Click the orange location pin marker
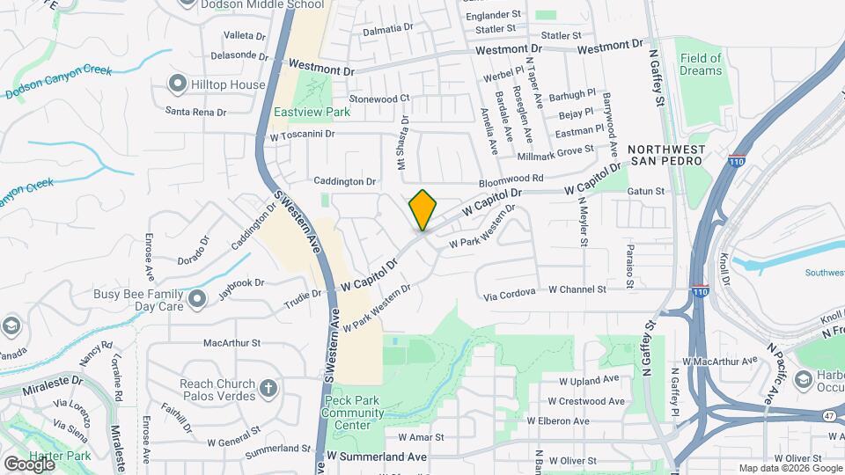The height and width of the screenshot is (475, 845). pyautogui.click(x=423, y=210)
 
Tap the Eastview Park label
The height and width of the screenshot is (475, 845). pyautogui.click(x=312, y=112)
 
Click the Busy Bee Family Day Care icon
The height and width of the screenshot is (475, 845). pyautogui.click(x=196, y=300)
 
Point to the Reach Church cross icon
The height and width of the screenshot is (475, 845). pyautogui.click(x=268, y=386)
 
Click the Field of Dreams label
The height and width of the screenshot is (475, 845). pyautogui.click(x=701, y=64)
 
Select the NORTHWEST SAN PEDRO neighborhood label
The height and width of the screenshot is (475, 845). pyautogui.click(x=666, y=155)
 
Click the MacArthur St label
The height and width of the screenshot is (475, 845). pyautogui.click(x=232, y=342)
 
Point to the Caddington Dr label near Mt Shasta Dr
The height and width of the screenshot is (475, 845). pyautogui.click(x=346, y=181)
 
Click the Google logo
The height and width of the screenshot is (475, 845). pyautogui.click(x=29, y=464)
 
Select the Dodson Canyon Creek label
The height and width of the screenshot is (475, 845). pyautogui.click(x=58, y=81)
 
